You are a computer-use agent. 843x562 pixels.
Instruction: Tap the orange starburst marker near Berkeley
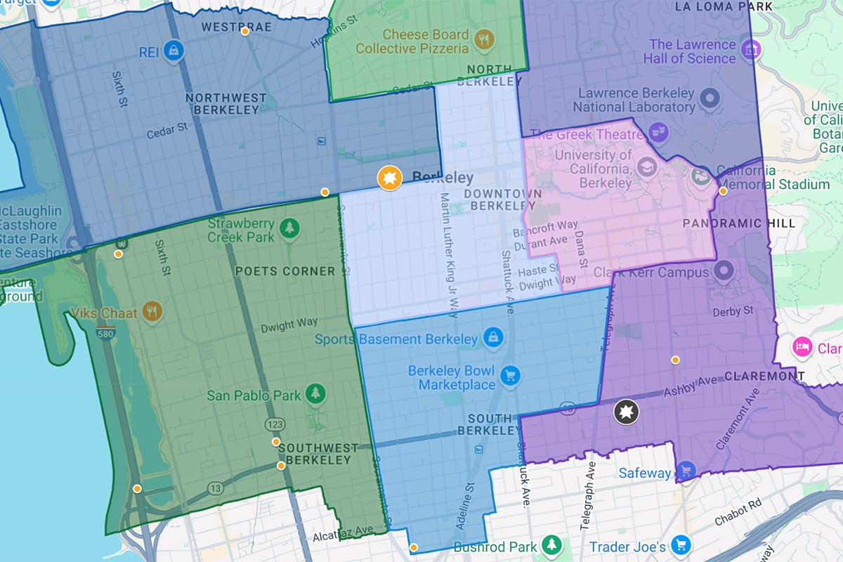[x=388, y=178]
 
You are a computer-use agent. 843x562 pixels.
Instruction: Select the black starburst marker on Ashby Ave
[x=625, y=412]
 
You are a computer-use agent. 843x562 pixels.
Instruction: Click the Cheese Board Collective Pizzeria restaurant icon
[x=483, y=41]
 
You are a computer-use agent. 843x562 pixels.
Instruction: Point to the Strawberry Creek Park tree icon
[x=288, y=228]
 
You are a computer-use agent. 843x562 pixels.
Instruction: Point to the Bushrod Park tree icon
[x=554, y=544]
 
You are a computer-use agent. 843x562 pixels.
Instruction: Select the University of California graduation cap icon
[x=647, y=167]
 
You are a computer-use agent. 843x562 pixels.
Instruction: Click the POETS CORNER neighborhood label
[x=285, y=271]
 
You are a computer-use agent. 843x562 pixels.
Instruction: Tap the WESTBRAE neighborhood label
[x=227, y=27]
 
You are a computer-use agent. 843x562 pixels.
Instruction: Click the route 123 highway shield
[x=273, y=424]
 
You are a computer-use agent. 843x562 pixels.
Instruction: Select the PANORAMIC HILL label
[x=738, y=223]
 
